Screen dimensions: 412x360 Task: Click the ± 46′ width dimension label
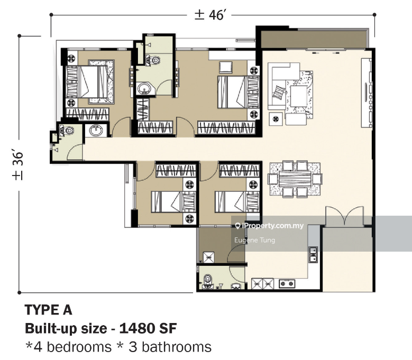[x=209, y=15]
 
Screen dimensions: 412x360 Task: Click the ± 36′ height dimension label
[x=17, y=166]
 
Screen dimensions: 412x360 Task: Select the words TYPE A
[x=48, y=310]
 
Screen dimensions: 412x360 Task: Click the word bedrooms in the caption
[x=79, y=347]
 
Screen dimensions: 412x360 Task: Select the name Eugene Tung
[x=254, y=240]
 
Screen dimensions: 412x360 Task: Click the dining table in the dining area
[x=295, y=179]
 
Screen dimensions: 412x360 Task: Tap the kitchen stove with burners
[x=287, y=283]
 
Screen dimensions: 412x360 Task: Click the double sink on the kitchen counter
[x=313, y=254]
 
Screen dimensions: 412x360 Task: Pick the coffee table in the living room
[x=299, y=96]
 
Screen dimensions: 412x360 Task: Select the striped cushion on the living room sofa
[x=279, y=92]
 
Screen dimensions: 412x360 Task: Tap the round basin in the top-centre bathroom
[x=144, y=88]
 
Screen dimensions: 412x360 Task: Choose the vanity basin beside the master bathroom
[x=96, y=130]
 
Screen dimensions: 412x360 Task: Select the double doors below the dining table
[x=345, y=216]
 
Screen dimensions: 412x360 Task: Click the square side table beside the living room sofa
[x=276, y=119]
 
